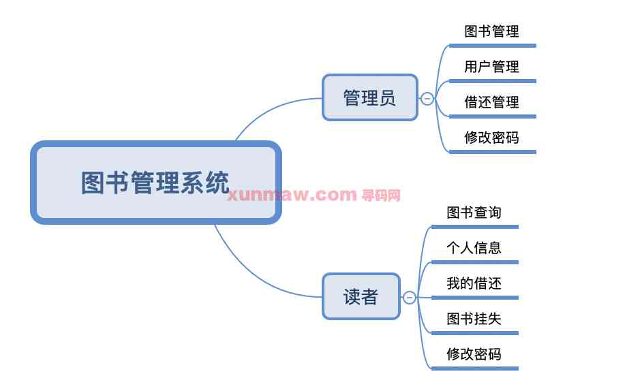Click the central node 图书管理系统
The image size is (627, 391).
click(x=155, y=183)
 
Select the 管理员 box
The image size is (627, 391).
click(x=369, y=97)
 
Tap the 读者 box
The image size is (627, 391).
click(x=361, y=296)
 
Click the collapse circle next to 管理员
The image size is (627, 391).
click(x=427, y=99)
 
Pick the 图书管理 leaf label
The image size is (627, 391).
click(x=491, y=31)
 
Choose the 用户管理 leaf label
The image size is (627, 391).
click(x=491, y=67)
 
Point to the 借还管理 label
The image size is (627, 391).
click(x=491, y=102)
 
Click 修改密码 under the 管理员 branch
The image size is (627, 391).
click(x=491, y=138)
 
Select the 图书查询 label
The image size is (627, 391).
click(x=474, y=213)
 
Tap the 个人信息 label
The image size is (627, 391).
click(x=474, y=248)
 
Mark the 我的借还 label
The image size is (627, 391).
click(x=474, y=283)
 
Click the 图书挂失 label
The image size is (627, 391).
click(x=474, y=319)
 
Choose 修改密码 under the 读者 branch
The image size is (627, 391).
click(x=474, y=354)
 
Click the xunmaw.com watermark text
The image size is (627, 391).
click(x=292, y=195)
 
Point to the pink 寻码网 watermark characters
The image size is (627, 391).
click(x=381, y=195)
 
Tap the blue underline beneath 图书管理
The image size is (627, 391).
click(x=493, y=46)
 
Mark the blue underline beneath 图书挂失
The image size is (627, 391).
click(x=475, y=333)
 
